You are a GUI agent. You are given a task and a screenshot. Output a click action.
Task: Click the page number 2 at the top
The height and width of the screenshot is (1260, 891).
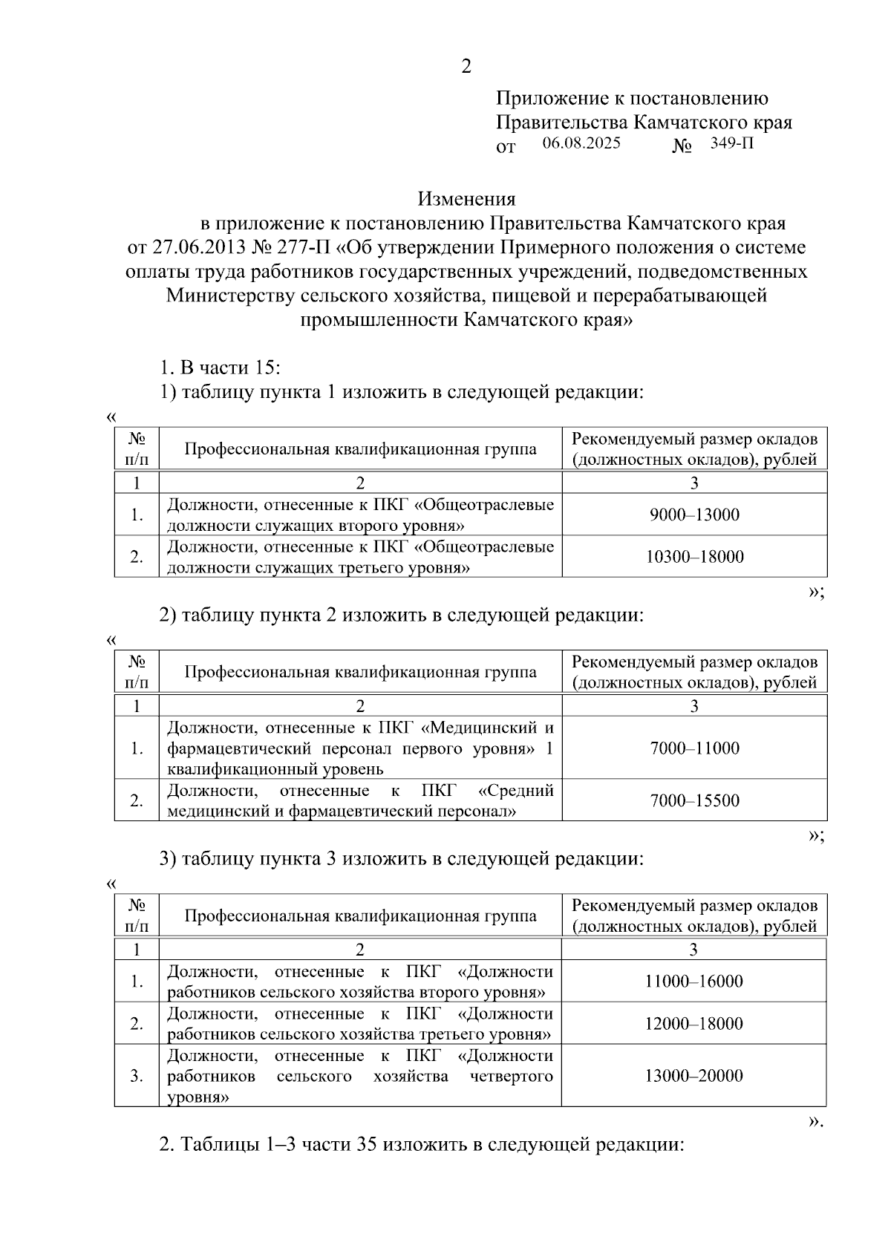coord(466,67)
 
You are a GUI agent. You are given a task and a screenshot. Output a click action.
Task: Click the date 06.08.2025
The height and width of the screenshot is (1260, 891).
coord(581,143)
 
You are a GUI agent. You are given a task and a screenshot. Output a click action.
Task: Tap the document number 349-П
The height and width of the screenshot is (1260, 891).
coord(731,143)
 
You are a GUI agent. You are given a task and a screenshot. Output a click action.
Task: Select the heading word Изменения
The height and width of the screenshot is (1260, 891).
coord(466,199)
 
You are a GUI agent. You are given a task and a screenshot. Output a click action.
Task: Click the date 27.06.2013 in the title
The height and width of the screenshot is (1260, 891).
coord(196,247)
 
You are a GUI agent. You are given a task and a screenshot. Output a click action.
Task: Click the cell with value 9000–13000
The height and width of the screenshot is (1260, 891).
coord(694,515)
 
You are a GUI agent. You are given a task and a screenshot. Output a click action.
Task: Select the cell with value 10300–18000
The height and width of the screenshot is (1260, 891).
coord(694,557)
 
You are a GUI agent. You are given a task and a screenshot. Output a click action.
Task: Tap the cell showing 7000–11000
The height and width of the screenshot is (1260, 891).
coord(694,748)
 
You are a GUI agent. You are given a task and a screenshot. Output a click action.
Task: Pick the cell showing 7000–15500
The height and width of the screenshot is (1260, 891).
coord(694,800)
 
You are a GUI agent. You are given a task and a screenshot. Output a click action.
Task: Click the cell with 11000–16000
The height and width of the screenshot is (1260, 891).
coord(693,981)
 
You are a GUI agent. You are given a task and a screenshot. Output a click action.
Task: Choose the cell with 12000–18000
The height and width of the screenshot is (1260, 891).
coord(693,1023)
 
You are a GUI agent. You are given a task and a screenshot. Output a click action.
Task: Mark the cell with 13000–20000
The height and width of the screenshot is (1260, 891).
coord(693,1076)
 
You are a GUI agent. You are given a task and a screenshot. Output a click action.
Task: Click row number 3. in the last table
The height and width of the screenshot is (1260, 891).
coord(137,1076)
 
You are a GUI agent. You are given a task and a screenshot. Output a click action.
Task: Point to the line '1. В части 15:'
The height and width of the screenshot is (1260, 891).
coord(220,368)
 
